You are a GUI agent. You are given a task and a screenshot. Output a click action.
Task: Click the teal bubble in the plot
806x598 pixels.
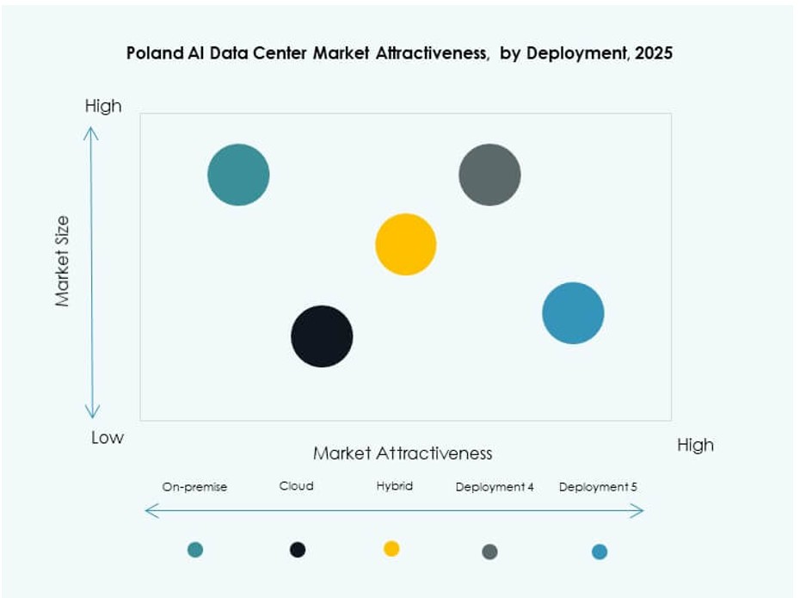(x=238, y=175)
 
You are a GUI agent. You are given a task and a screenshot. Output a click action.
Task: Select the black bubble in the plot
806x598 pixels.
(x=322, y=336)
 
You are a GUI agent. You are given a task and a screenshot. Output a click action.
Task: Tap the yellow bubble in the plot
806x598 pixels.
(x=406, y=244)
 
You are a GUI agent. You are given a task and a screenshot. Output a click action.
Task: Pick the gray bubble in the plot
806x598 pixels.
(x=489, y=175)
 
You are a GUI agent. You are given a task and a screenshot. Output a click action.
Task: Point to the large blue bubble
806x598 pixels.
(x=573, y=313)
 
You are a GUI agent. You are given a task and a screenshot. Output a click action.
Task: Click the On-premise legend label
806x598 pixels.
(x=194, y=487)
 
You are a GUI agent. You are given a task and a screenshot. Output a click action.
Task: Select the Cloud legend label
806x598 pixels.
(x=297, y=486)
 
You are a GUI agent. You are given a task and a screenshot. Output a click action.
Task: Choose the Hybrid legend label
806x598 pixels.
(x=395, y=486)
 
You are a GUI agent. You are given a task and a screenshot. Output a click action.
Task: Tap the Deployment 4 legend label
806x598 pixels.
(x=495, y=487)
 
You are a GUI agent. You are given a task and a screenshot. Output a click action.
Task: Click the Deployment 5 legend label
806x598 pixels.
(x=598, y=487)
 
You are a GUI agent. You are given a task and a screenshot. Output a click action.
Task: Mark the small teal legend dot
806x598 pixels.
(x=195, y=550)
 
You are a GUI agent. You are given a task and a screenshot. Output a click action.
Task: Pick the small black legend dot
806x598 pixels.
(x=298, y=550)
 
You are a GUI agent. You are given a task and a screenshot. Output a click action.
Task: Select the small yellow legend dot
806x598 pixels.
(x=391, y=549)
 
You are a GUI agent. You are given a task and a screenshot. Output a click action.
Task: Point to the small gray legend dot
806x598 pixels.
(x=489, y=552)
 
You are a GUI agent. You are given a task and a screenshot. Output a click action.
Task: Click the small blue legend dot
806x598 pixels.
(x=600, y=552)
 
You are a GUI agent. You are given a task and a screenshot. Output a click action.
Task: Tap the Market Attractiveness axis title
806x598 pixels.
(x=403, y=453)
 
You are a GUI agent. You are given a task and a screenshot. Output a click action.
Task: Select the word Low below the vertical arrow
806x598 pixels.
(x=108, y=437)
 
